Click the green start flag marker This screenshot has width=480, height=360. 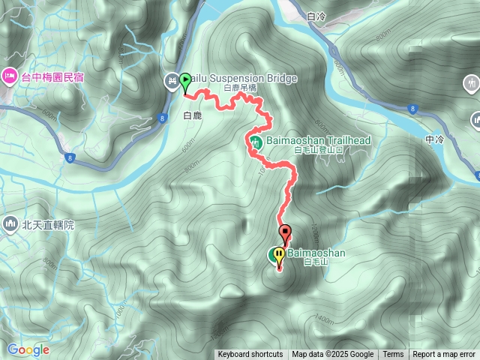tap(184, 80)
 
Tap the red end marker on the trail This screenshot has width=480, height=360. tap(285, 231)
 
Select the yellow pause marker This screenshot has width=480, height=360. tap(279, 255)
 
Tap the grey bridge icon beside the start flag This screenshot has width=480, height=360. tap(172, 79)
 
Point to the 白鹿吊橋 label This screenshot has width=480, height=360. tap(240, 88)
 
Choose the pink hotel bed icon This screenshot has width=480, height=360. tap(9, 75)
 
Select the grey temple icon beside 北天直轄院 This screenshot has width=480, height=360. tap(10, 223)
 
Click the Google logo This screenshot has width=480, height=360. tap(28, 349)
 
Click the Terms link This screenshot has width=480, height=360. tap(393, 355)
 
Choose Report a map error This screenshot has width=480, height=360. tap(444, 355)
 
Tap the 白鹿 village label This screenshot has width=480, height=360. tap(193, 115)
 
